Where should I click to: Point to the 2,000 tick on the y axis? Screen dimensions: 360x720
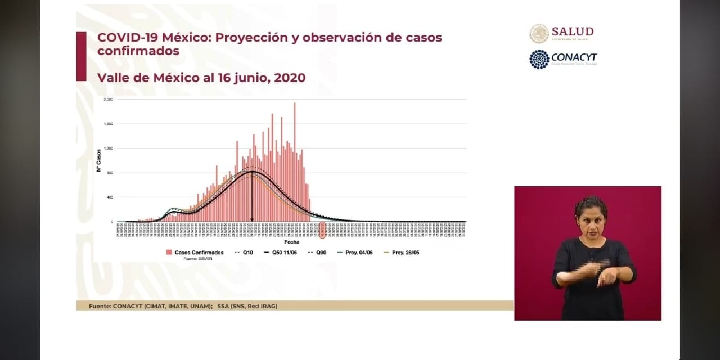[x=109, y=99]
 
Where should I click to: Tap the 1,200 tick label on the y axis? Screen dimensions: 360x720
[x=109, y=148]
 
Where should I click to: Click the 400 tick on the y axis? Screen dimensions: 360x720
[x=110, y=197]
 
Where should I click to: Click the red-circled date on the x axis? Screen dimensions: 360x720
[x=322, y=229]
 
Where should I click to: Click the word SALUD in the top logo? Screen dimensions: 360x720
[x=573, y=31]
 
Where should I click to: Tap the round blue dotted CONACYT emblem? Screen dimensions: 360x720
[x=539, y=59]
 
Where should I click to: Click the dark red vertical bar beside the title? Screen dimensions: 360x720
[x=82, y=56]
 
